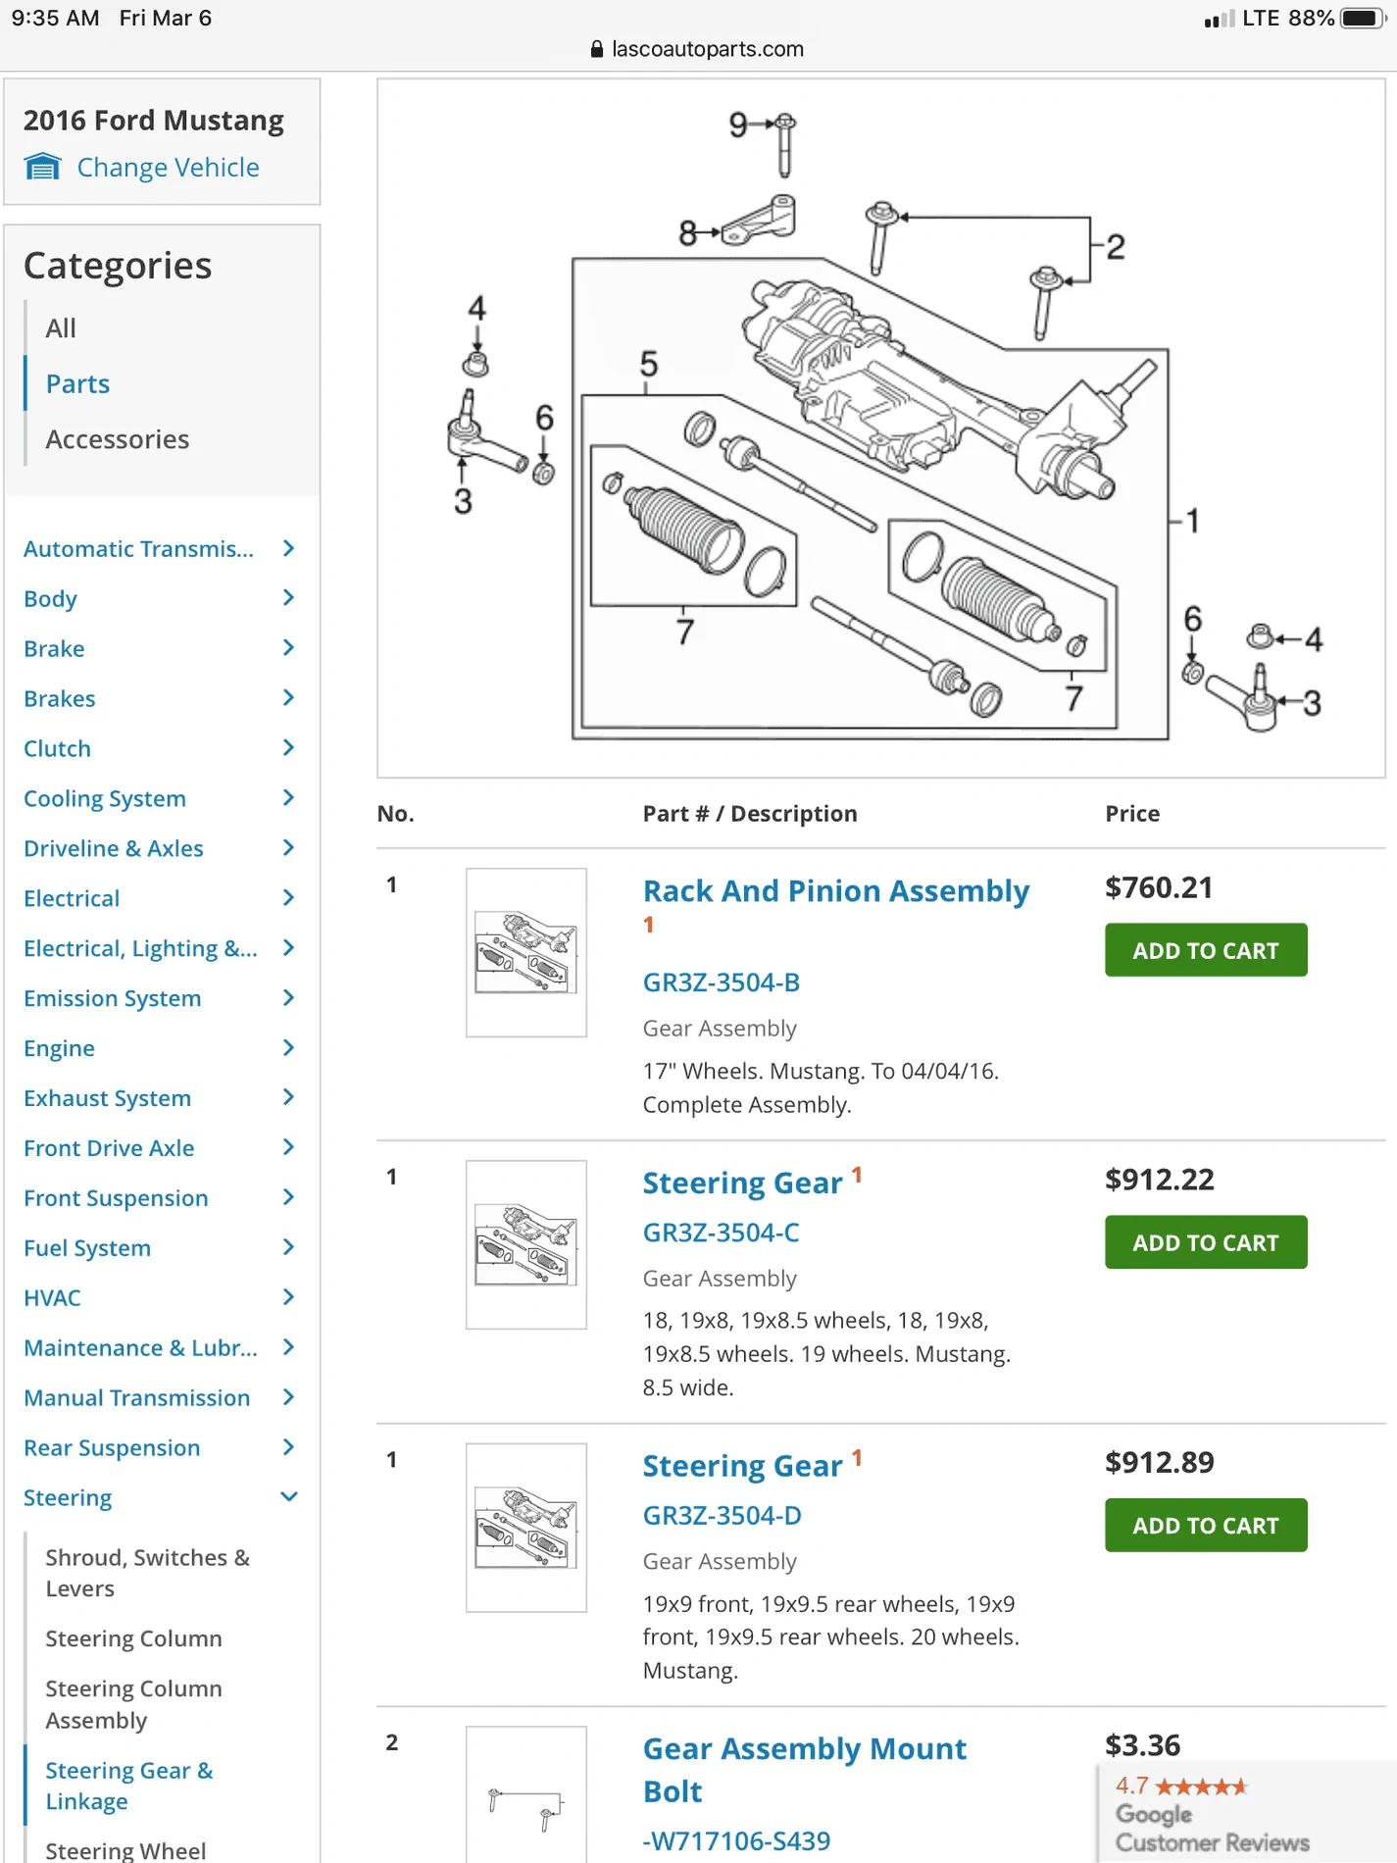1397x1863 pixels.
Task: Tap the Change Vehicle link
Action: [x=168, y=168]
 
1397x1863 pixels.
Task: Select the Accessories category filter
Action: [x=118, y=439]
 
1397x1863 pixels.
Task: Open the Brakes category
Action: [x=60, y=698]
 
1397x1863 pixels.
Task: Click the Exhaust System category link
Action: [x=108, y=1098]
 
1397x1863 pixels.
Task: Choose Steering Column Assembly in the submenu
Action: [x=133, y=1704]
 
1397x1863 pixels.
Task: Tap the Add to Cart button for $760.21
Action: [x=1206, y=950]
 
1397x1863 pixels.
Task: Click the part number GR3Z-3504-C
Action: [x=721, y=1233]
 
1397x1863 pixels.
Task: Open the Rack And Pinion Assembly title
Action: [x=835, y=891]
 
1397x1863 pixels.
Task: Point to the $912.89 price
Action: [x=1160, y=1462]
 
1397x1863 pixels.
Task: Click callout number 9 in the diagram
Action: [x=738, y=125]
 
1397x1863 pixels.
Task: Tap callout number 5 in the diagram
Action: [x=649, y=364]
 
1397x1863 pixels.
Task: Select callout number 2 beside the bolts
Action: [x=1116, y=247]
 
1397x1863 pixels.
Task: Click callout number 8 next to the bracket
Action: [x=688, y=233]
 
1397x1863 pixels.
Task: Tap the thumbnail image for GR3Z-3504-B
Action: [x=526, y=953]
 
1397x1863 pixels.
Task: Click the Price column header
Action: [x=1132, y=814]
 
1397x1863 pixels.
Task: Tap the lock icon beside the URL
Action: [x=597, y=49]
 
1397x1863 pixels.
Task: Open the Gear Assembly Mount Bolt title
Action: [x=804, y=1770]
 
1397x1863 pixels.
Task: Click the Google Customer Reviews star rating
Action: [x=1201, y=1787]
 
